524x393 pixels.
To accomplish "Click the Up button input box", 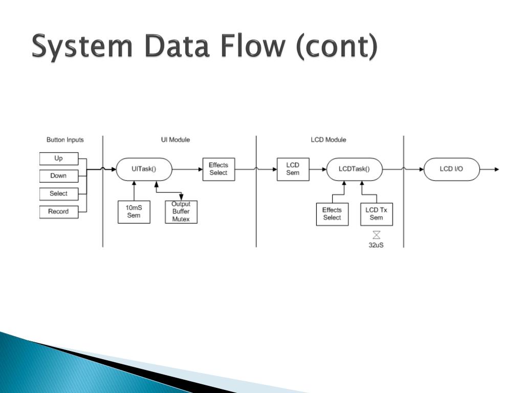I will coord(59,159).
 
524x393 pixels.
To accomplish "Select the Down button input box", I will coord(59,176).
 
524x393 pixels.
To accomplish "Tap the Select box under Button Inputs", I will coord(59,194).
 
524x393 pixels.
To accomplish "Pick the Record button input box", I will coord(59,212).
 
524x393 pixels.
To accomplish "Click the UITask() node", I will coord(144,169).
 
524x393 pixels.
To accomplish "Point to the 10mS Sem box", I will coord(134,212).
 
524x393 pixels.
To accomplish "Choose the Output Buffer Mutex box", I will coord(181,212).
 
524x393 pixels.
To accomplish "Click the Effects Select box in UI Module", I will coord(219,169).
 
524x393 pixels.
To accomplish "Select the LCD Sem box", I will coord(293,169).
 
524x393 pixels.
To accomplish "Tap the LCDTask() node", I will coord(354,169).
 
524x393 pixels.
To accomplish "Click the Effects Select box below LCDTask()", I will coord(332,214).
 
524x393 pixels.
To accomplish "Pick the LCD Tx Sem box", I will coord(376,214).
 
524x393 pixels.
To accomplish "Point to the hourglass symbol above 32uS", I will coord(377,235).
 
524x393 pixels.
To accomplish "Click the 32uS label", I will coord(377,245).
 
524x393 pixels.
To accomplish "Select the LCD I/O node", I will coord(451,169).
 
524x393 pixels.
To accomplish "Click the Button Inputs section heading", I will coord(65,140).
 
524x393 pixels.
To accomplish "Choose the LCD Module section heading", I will coord(329,140).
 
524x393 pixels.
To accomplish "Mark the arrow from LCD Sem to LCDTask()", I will coord(318,169).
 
